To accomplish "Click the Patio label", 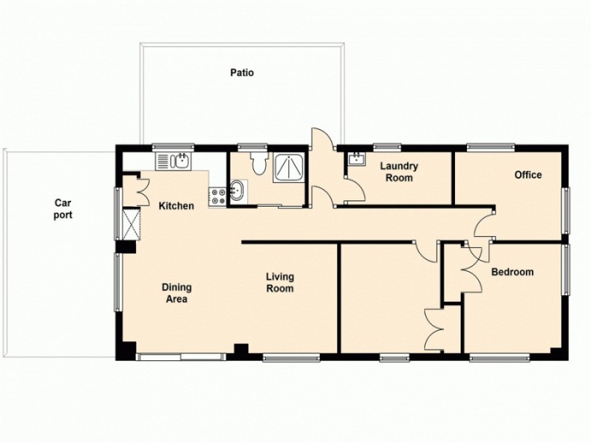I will point(241,72).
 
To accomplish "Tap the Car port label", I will point(62,208).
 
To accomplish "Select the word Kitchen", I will point(177,206).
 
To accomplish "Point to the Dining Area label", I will point(177,293).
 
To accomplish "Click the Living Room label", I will point(280,283).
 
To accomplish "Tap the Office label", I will point(528,175).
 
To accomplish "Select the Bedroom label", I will point(512,272).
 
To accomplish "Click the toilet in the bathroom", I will point(256,164).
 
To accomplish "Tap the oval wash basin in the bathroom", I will point(236,191).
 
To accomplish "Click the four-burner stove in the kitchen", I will point(219,196).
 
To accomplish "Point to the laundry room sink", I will point(357,159).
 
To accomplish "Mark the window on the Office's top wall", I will point(490,146).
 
